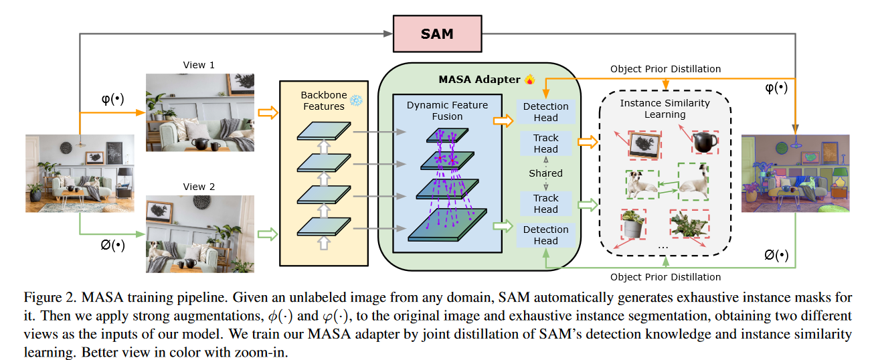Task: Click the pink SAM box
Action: [x=438, y=33]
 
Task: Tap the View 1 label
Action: [x=199, y=65]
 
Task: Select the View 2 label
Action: [x=199, y=187]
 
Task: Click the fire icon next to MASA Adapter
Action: [x=530, y=80]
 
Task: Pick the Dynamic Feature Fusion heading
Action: [x=447, y=110]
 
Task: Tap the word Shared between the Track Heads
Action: [x=546, y=173]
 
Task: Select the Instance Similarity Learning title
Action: [x=665, y=108]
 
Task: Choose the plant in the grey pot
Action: [x=633, y=224]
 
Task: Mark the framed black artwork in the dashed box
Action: [x=642, y=143]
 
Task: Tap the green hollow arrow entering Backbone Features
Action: [x=266, y=234]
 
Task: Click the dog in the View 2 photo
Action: [x=155, y=253]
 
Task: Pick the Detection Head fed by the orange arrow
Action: [x=546, y=112]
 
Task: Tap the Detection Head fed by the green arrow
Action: [x=546, y=235]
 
